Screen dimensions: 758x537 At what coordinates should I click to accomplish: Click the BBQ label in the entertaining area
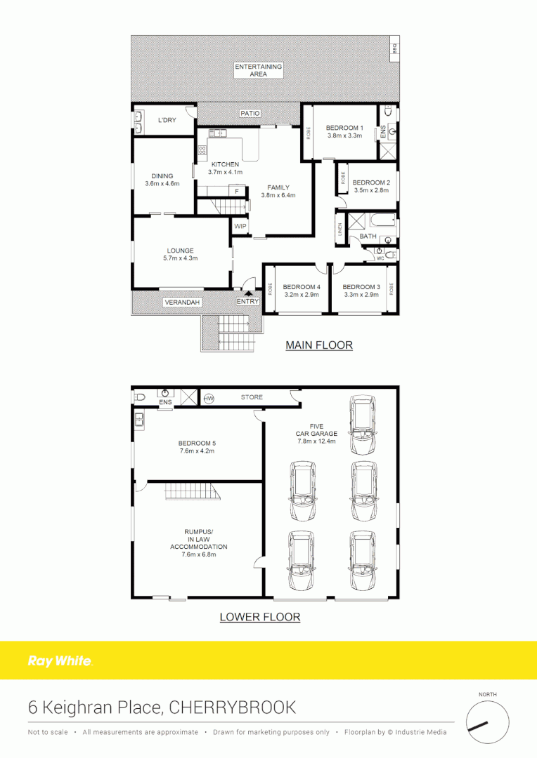[x=395, y=48]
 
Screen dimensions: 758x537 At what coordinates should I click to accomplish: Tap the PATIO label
[x=250, y=113]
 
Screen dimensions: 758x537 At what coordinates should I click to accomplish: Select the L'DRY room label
[x=167, y=121]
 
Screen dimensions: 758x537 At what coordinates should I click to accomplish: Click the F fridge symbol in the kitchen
[x=237, y=192]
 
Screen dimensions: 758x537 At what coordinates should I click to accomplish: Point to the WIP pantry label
[x=239, y=227]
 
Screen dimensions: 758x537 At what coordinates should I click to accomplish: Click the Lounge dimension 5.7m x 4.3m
[x=181, y=258]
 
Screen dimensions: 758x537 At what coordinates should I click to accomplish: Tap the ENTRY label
[x=247, y=301]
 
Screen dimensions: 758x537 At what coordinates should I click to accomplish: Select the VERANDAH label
[x=182, y=302]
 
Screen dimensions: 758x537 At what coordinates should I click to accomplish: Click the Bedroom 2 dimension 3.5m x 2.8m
[x=371, y=190]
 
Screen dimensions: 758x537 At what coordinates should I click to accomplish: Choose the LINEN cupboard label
[x=339, y=230]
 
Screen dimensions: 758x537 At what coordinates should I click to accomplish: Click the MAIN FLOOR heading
[x=318, y=345]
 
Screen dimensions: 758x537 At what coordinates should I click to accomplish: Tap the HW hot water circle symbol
[x=209, y=399]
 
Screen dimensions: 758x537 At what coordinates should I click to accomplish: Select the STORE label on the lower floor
[x=252, y=397]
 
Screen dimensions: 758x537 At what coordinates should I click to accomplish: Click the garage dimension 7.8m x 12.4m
[x=316, y=441]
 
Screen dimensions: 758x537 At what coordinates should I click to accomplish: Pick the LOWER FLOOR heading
[x=259, y=618]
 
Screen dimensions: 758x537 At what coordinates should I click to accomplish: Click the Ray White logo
[x=59, y=661]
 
